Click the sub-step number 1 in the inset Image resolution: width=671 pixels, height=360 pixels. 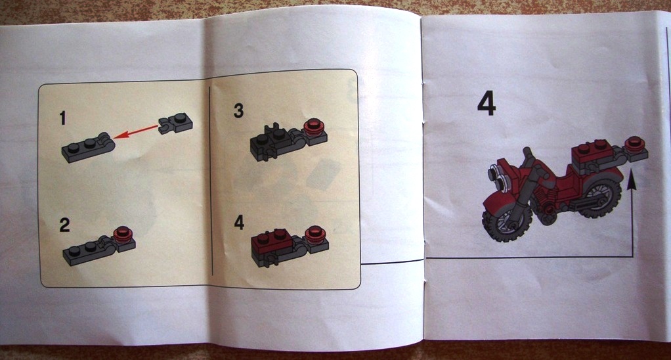pyautogui.click(x=63, y=118)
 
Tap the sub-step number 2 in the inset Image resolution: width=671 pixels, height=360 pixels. pyautogui.click(x=64, y=225)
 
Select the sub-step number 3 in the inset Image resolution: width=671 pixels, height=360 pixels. pyautogui.click(x=238, y=110)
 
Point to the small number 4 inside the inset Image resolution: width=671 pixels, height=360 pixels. pyautogui.click(x=239, y=222)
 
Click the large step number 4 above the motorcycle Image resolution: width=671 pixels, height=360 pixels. pyautogui.click(x=487, y=104)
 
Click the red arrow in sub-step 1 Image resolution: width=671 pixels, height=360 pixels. pyautogui.click(x=136, y=131)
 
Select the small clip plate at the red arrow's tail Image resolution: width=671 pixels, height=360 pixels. pyautogui.click(x=175, y=124)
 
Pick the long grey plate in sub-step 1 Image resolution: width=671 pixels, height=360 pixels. pyautogui.click(x=88, y=148)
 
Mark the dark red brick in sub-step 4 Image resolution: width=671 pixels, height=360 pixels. pyautogui.click(x=272, y=242)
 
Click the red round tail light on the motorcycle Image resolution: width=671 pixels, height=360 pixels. pyautogui.click(x=635, y=145)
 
